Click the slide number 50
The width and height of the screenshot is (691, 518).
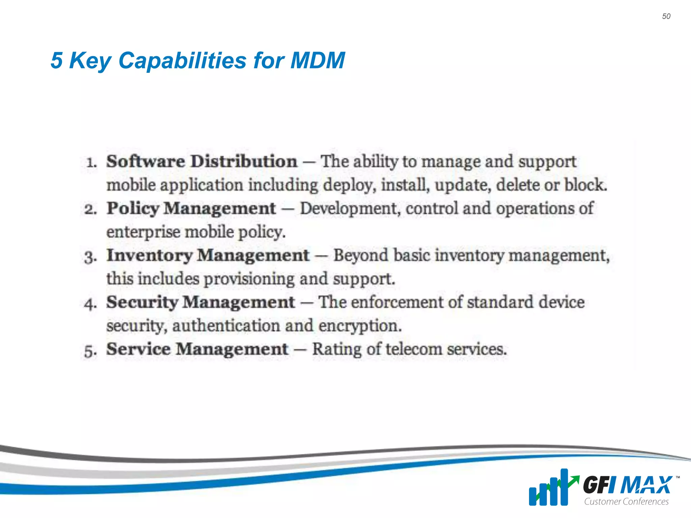(666, 16)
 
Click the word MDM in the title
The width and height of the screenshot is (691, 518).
(317, 61)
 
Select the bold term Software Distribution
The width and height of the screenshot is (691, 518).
(202, 161)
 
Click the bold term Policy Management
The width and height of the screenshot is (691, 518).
(191, 208)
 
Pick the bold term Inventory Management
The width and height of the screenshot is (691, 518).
(208, 255)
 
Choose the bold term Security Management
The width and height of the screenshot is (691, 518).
(201, 302)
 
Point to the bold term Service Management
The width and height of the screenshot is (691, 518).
(197, 349)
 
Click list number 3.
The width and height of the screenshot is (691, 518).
(90, 257)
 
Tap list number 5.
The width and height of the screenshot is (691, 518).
(90, 351)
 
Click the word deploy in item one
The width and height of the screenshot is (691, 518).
(349, 185)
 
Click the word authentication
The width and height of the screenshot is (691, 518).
(226, 326)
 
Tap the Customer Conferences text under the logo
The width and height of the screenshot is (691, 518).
(626, 501)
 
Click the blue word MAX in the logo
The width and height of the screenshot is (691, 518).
(646, 485)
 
